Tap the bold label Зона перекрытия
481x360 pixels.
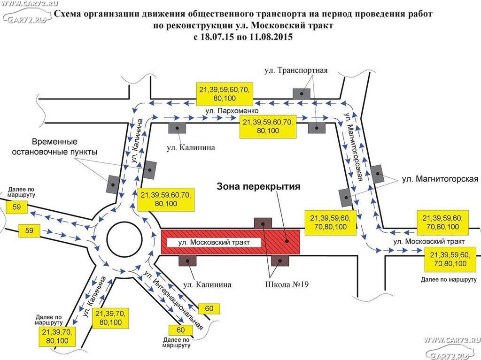click(258, 187)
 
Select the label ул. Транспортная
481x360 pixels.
click(296, 70)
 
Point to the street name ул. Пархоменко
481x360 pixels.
click(232, 111)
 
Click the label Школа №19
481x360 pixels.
click(287, 284)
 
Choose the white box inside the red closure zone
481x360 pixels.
click(214, 243)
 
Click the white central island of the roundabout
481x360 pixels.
click(124, 238)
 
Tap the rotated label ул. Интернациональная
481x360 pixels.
click(173, 300)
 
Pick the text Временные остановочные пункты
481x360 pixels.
click(54, 147)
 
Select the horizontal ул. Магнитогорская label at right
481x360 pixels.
click(440, 179)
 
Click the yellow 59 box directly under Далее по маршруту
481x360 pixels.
click(16, 207)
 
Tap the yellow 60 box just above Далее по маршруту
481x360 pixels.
click(181, 330)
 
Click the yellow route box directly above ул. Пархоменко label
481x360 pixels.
click(225, 94)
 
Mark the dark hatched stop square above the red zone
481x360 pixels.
click(263, 223)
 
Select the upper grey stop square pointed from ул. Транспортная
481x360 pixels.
click(301, 93)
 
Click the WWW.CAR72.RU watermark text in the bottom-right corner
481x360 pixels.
click(452, 339)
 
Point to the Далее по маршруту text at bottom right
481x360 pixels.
click(449, 280)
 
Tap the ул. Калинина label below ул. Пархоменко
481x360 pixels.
click(191, 147)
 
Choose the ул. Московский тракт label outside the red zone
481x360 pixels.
click(429, 242)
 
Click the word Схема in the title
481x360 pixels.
click(68, 14)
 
